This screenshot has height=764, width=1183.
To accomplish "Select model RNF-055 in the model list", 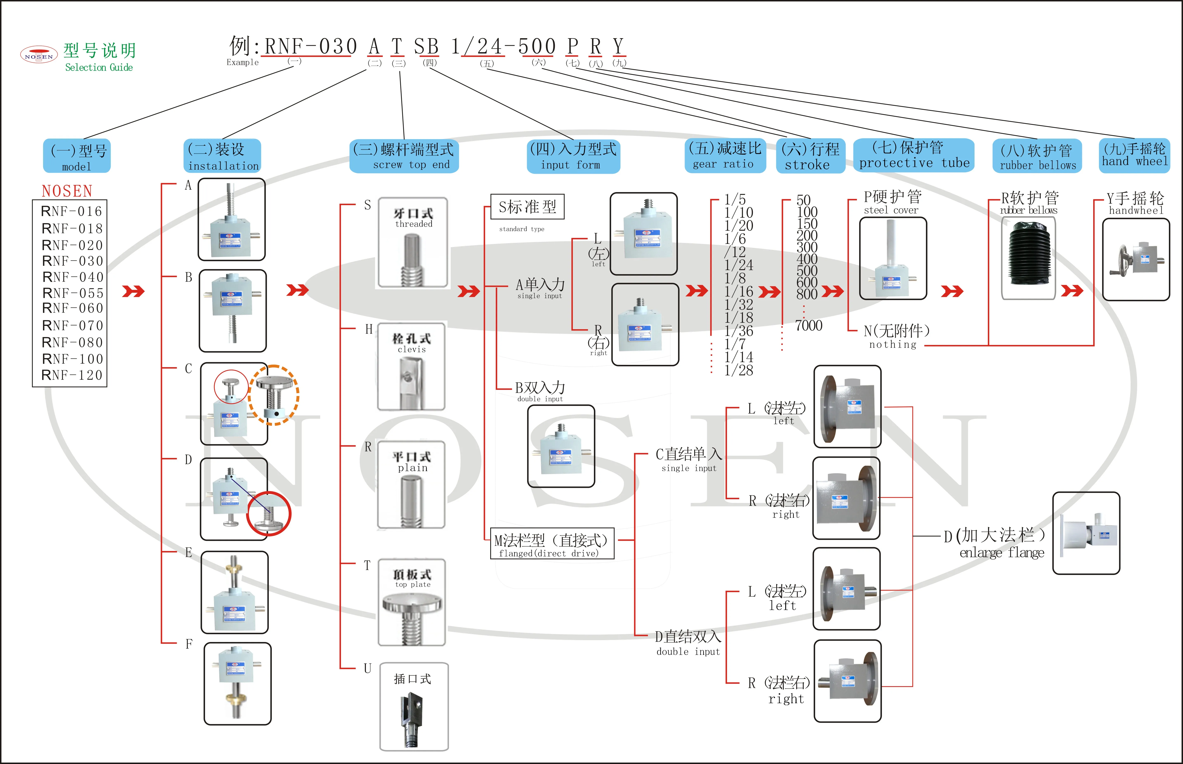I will click(72, 293).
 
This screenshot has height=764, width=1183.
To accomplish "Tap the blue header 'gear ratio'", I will click(724, 156).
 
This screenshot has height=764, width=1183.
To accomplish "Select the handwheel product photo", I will click(1136, 259).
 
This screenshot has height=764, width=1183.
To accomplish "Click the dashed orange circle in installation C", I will click(274, 395).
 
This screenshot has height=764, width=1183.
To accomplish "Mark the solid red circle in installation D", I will click(269, 513).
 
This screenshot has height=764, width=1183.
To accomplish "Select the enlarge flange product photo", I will click(1086, 533).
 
